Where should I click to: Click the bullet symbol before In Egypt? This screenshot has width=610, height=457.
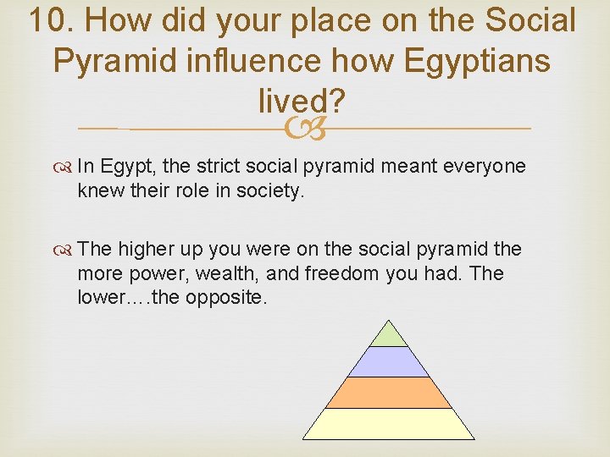[66, 167]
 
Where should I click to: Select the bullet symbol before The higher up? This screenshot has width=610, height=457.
[66, 250]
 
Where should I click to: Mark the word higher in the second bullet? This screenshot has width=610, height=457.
[144, 250]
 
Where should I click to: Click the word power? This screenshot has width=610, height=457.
[155, 273]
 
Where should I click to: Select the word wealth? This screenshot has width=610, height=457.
[224, 273]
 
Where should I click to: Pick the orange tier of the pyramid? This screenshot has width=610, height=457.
[389, 393]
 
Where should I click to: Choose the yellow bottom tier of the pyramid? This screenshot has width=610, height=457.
[389, 424]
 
